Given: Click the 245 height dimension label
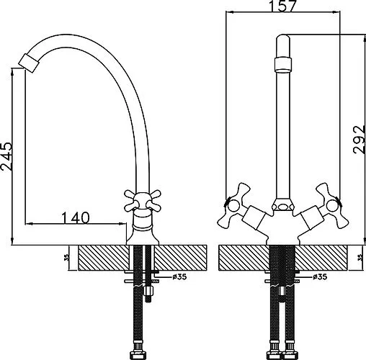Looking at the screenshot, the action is click(x=6, y=156).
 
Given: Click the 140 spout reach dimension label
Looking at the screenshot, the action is click(x=76, y=217).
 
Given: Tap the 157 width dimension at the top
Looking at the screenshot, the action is click(x=282, y=6).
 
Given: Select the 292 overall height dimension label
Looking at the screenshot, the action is click(x=360, y=140).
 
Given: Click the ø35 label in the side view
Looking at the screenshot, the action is click(x=179, y=276).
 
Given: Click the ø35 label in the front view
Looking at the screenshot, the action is click(x=320, y=276).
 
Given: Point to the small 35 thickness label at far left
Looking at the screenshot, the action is click(x=67, y=258).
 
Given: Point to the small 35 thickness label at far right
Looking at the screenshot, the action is click(x=360, y=258).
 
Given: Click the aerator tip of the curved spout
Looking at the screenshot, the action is click(x=28, y=63).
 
